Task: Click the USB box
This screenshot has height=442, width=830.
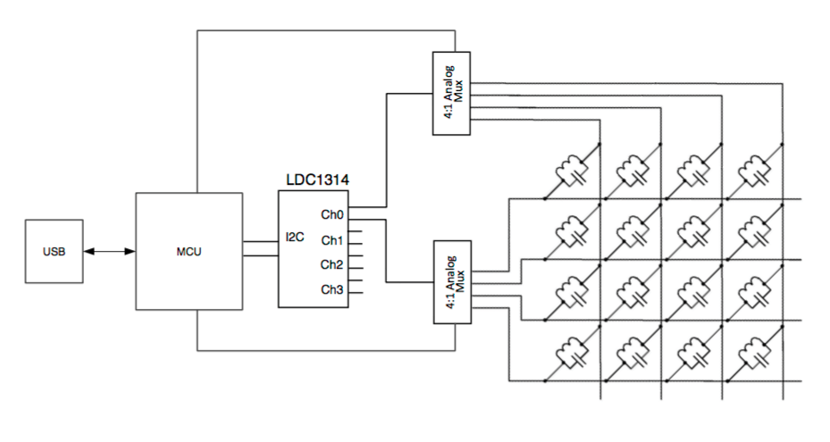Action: tap(54, 252)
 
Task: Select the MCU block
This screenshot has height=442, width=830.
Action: tap(189, 252)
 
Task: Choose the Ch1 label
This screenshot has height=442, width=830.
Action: tap(332, 240)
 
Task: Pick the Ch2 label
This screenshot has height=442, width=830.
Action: tap(332, 264)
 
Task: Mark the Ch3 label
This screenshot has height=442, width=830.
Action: tap(332, 289)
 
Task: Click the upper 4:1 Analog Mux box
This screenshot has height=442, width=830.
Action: tap(451, 92)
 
